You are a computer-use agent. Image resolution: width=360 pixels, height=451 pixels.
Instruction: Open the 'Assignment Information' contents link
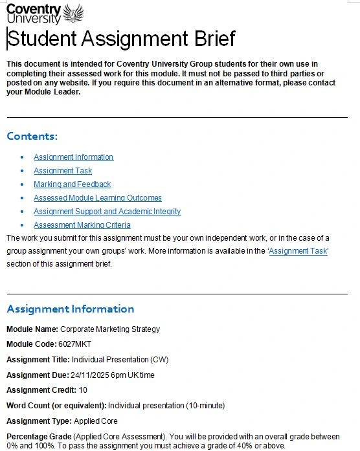73,157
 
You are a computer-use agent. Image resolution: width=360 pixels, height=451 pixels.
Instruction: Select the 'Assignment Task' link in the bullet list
63,171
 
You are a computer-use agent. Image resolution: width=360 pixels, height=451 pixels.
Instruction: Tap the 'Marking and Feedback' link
73,184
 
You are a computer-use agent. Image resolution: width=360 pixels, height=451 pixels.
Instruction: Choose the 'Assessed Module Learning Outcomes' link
98,198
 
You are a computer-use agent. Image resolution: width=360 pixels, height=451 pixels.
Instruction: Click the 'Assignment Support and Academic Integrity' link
107,212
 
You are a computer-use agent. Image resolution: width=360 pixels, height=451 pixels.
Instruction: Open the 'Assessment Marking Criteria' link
82,225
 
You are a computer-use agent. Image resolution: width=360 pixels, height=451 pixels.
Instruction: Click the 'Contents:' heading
32,137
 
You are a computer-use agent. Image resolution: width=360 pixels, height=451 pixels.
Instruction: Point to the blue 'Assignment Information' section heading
71,309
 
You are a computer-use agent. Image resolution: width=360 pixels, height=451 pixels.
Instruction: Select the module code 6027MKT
73,344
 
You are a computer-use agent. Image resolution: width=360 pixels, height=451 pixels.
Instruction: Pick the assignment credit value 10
83,390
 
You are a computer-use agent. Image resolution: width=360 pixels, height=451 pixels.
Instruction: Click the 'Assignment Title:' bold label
38,360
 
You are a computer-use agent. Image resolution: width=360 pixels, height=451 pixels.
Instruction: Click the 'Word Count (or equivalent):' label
56,406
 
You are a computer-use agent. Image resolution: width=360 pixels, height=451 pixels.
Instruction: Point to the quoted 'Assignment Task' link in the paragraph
298,251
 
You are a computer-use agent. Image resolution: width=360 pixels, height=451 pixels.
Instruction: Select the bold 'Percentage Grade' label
36,437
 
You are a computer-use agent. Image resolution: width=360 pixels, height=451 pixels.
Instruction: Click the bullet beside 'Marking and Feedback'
22,184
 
